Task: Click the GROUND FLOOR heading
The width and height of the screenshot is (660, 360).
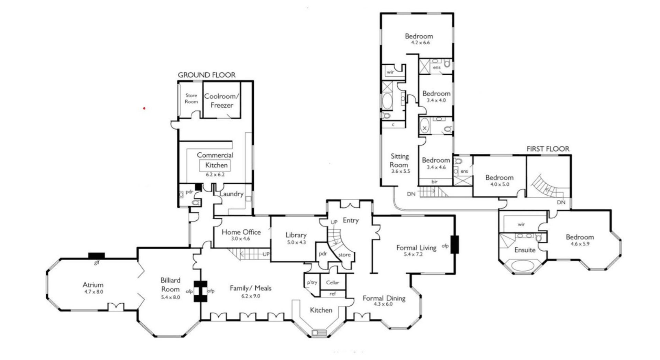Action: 207,75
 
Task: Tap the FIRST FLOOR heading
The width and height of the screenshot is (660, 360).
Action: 548,149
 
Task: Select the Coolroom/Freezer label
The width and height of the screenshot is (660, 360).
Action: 222,101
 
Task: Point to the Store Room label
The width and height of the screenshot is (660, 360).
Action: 191,98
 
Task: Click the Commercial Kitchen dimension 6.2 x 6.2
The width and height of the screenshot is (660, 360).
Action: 215,175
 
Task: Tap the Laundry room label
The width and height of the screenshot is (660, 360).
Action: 231,194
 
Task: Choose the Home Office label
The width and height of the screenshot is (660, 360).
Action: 241,232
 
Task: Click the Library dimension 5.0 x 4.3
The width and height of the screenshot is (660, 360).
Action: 296,242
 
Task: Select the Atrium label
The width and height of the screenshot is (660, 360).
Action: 93,285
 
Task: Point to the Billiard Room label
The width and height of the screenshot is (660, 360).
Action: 170,285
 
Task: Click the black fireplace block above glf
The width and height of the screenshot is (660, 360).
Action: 97,255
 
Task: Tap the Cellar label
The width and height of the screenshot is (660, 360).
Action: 333,283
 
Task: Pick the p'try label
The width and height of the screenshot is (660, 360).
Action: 312,283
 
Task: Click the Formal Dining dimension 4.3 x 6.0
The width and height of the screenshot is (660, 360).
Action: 384,304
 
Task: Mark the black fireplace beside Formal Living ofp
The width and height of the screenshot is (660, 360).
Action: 454,244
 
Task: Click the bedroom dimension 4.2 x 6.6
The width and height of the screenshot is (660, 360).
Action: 419,43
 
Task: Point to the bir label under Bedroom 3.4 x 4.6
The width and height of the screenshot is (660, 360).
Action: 435,182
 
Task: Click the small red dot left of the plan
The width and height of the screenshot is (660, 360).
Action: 144,108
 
